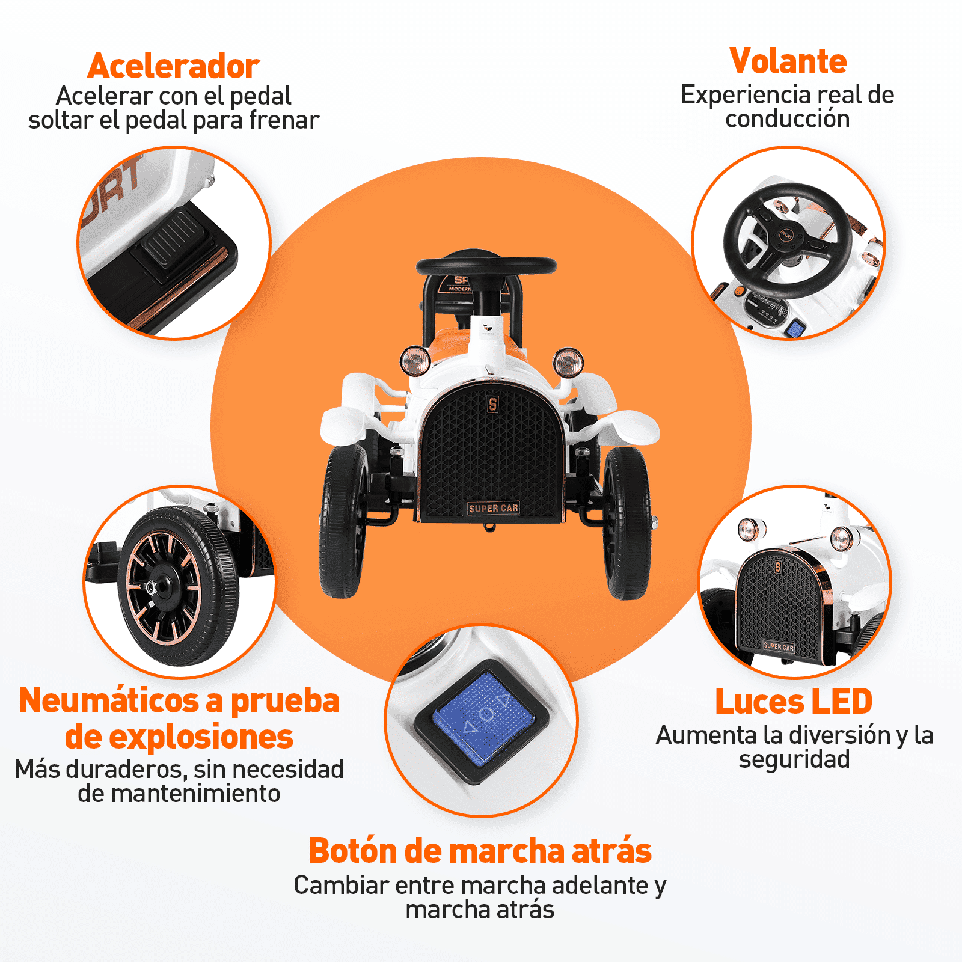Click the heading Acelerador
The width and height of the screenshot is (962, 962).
pyautogui.click(x=173, y=66)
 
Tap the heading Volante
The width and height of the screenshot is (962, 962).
pyautogui.click(x=788, y=61)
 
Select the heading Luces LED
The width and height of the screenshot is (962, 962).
pyautogui.click(x=794, y=702)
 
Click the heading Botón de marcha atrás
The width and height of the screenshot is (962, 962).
pyautogui.click(x=480, y=851)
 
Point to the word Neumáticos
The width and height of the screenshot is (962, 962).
pyautogui.click(x=109, y=701)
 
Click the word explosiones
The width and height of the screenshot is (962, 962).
pyautogui.click(x=179, y=737)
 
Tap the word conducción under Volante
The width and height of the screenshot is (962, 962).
pyautogui.click(x=788, y=119)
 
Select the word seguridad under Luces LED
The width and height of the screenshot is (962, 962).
pyautogui.click(x=794, y=759)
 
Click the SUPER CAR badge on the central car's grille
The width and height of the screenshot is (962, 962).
pyautogui.click(x=493, y=509)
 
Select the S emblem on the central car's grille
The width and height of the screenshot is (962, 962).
pyautogui.click(x=493, y=404)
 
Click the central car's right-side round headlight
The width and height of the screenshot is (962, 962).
pyautogui.click(x=568, y=363)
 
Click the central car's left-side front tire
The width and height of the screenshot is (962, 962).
pyautogui.click(x=343, y=521)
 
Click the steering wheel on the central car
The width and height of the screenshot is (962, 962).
pyautogui.click(x=486, y=265)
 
